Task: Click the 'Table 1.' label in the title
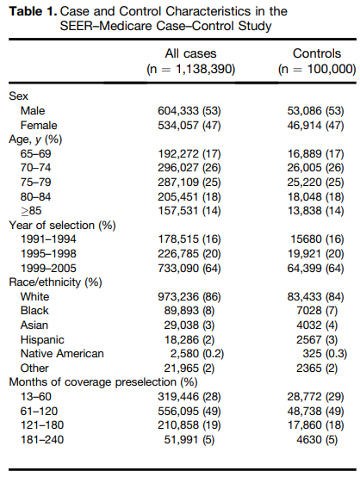point(34,11)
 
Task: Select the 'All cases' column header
point(191,53)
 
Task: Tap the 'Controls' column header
point(317,53)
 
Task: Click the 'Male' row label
point(33,111)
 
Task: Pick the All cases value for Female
point(189,126)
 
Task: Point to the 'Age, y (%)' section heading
point(35,139)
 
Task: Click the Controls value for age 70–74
point(315,168)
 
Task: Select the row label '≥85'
point(31,211)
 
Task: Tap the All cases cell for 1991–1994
point(189,239)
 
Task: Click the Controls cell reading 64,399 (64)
point(315,269)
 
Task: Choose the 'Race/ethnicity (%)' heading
point(55,282)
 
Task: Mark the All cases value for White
point(189,297)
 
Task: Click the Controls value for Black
point(317,311)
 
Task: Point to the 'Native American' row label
point(62,354)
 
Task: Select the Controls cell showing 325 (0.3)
point(325,354)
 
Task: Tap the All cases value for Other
point(189,369)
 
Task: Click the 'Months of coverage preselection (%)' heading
point(103,382)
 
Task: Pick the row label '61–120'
point(39,412)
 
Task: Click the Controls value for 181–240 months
point(317,440)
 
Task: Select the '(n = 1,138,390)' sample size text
point(191,70)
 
